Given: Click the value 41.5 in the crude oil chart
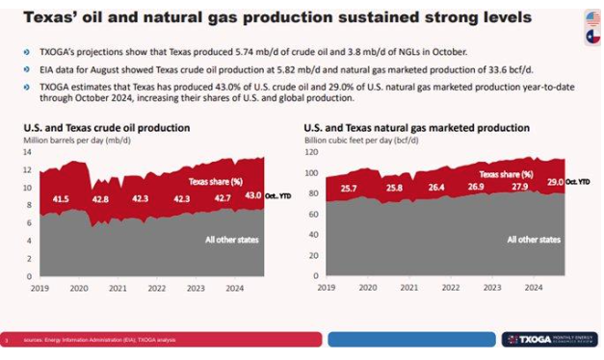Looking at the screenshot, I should coord(60,199).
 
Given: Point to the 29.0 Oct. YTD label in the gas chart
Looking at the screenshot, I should coord(563,181).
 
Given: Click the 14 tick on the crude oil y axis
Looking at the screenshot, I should coord(27,152).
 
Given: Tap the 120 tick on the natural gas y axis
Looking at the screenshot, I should coord(311,152).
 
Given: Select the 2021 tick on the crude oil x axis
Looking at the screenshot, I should coord(117,288).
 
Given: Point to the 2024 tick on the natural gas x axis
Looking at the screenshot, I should coord(531,287).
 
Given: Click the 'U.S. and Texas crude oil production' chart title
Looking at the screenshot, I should coord(106,128).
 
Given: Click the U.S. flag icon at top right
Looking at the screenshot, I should coord(590,18).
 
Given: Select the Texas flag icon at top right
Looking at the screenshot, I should coord(590,37).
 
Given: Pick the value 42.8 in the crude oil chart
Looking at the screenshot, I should coord(99,199).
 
